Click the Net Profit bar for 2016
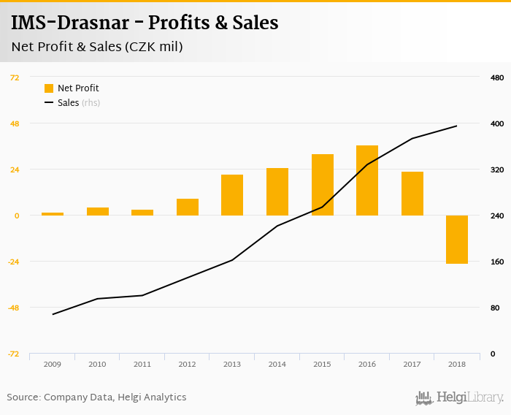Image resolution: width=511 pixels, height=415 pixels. point(367,180)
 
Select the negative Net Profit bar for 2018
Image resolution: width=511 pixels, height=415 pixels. point(457,240)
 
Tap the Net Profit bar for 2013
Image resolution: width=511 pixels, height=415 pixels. point(232,195)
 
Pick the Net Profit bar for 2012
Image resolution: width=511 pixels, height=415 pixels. point(188,207)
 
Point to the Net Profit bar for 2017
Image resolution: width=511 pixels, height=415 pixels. point(412,194)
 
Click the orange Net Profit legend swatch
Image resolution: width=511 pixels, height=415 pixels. point(49,88)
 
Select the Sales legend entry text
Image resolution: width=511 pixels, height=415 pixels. point(68,103)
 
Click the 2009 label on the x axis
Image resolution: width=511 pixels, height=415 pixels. point(52,364)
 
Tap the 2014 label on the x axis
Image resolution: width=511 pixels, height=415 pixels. point(277,364)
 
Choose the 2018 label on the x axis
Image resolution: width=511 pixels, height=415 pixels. point(457,364)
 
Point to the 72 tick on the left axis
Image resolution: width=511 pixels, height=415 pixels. point(15,77)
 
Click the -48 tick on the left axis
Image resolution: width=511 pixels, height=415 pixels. point(14,308)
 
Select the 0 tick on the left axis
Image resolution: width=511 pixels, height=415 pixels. point(17,216)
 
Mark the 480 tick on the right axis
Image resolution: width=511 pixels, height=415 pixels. point(497,77)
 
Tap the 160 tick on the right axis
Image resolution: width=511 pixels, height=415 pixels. point(497,262)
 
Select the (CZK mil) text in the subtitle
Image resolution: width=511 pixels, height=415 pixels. point(153,47)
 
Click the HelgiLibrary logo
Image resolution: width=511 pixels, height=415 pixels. point(460,398)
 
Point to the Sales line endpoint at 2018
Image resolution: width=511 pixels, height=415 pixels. point(457,126)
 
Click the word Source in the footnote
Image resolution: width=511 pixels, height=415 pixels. point(22,397)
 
